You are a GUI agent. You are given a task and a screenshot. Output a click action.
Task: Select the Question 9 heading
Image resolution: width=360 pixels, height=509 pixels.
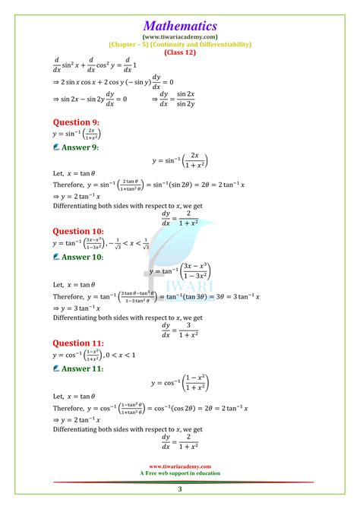pyautogui.click(x=76, y=122)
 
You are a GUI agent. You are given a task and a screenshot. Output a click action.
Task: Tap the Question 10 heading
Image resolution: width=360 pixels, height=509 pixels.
pyautogui.click(x=78, y=231)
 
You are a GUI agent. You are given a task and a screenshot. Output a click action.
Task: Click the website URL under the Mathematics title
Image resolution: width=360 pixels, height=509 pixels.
pyautogui.click(x=179, y=36)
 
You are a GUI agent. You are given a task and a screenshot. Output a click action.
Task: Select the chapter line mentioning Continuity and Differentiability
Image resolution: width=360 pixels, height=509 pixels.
pyautogui.click(x=179, y=44)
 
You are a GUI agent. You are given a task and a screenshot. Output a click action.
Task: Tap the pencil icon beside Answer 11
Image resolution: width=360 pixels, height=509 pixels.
pyautogui.click(x=57, y=368)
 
